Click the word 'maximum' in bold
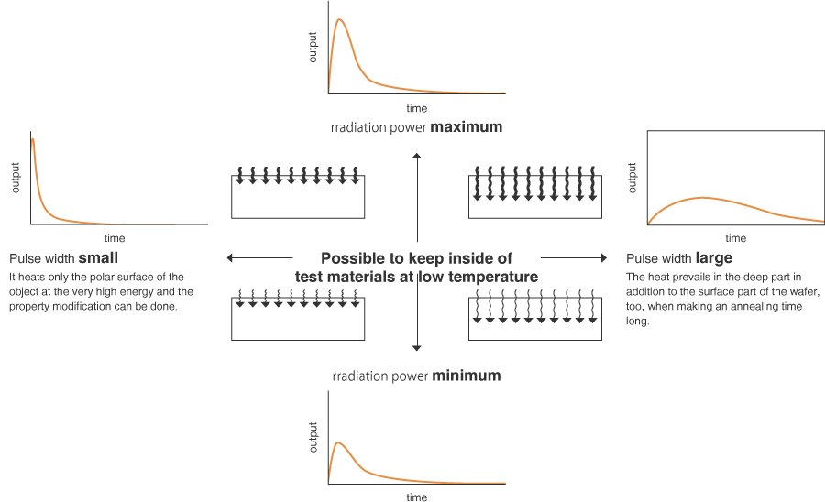467,127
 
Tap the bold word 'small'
98,258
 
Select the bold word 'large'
714,258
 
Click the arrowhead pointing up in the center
417,158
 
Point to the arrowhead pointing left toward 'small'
231,257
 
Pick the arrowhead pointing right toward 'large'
603,257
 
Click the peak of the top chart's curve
340,20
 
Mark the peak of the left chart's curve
33,139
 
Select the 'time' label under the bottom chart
416,497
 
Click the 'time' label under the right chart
736,238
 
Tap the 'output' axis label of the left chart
16,178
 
